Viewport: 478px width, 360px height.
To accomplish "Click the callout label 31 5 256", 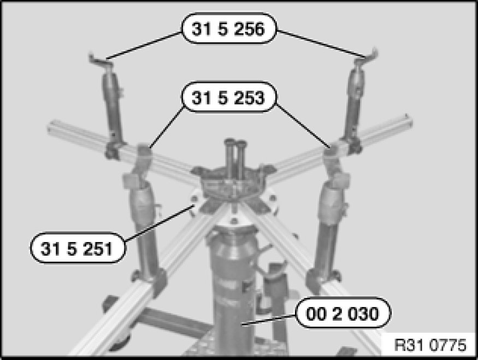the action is [229, 28].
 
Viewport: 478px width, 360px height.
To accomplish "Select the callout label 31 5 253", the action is [229, 97].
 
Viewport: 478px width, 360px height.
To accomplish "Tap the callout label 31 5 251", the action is [78, 248].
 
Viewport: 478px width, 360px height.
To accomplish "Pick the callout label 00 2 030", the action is [343, 313].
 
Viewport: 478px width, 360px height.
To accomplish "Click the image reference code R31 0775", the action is [430, 345].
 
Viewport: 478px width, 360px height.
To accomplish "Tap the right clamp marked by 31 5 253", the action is [332, 156].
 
